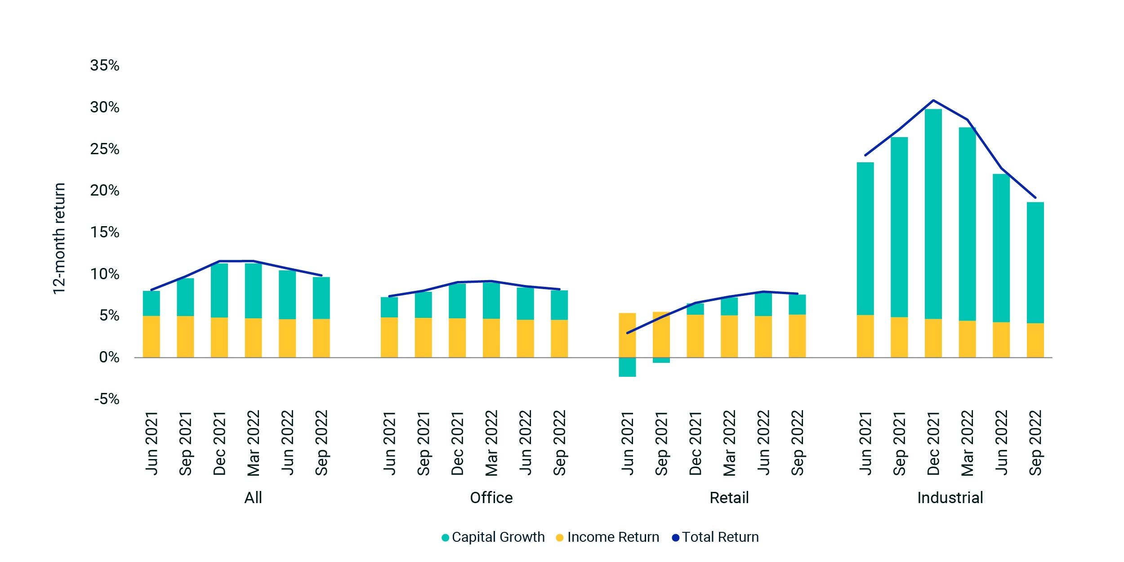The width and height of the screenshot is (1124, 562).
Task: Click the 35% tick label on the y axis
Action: coord(105,66)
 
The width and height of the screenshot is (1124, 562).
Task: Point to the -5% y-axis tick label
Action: coord(107,399)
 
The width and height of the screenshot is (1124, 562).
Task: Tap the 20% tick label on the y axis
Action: coord(105,191)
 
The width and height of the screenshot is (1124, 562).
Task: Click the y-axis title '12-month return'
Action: coord(59,238)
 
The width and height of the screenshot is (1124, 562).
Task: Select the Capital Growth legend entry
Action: coord(493,537)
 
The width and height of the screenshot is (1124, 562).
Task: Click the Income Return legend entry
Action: coord(608,537)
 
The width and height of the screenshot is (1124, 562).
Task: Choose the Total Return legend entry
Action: coord(715,537)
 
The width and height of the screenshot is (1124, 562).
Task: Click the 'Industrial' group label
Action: coord(950,498)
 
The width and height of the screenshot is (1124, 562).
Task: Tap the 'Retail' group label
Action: coord(729,498)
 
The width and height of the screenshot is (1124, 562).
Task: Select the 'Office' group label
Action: coord(491,498)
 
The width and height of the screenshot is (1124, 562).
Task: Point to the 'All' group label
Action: coord(253,498)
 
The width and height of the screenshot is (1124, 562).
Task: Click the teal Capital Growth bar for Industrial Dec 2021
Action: coord(933,214)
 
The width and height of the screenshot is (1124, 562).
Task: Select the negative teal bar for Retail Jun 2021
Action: coord(627,367)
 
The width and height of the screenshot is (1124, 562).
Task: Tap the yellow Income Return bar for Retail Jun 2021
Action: coord(627,335)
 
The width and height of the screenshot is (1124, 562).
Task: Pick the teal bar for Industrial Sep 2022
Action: coord(1035,263)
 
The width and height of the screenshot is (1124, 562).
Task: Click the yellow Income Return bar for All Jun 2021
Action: coord(152,337)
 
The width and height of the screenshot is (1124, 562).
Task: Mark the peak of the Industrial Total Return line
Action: coord(933,100)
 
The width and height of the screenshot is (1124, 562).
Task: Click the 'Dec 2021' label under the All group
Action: coord(219,443)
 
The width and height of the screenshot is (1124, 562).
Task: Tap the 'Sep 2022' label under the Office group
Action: coord(559,443)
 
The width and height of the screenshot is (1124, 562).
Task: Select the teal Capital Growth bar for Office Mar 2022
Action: coord(491,301)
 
